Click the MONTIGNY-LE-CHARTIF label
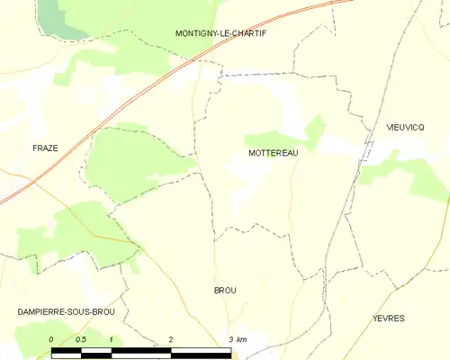(x=220, y=33)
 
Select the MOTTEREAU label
(x=273, y=153)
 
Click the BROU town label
(x=225, y=290)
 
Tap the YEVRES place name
(x=389, y=319)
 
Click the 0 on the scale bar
(x=51, y=338)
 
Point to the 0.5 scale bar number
(x=81, y=338)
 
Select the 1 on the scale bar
(x=110, y=338)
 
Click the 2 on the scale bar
(x=170, y=338)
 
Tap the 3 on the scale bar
(x=230, y=338)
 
